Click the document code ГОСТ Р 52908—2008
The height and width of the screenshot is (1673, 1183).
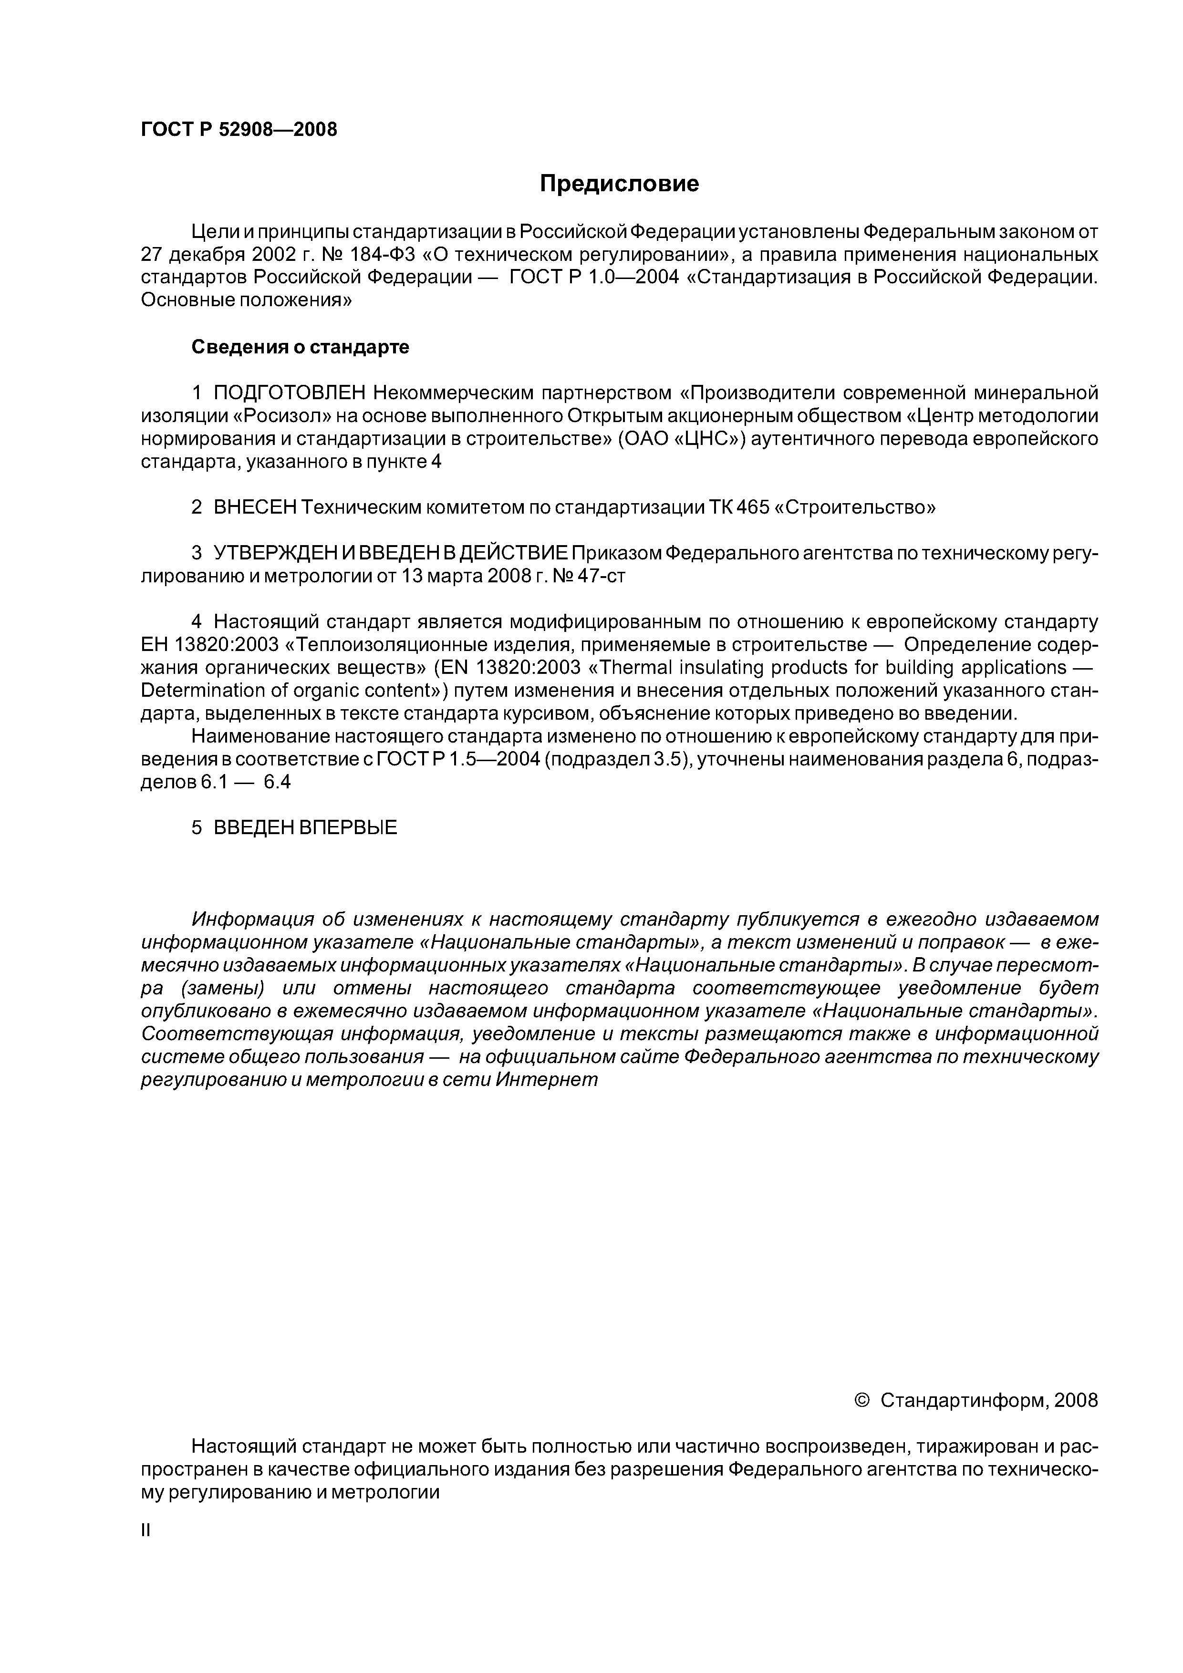click(x=239, y=130)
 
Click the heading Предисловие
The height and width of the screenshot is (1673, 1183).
click(x=619, y=184)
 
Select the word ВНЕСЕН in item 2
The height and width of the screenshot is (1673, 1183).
click(x=254, y=507)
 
